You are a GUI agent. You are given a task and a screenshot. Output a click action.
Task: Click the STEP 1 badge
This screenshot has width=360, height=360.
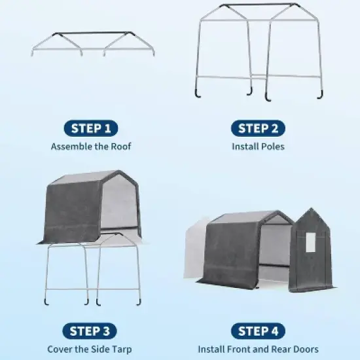(x=91, y=128)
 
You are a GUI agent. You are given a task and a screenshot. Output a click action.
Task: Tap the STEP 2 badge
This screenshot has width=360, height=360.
(x=258, y=128)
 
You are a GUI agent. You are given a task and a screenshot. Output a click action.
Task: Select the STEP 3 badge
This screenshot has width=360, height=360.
(x=91, y=331)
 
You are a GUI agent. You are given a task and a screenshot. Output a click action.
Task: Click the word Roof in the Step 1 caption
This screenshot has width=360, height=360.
(x=120, y=146)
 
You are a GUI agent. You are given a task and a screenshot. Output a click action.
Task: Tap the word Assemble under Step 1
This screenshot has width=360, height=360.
(x=70, y=146)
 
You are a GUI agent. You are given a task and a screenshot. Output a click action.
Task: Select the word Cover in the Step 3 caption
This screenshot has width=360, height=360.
(x=60, y=350)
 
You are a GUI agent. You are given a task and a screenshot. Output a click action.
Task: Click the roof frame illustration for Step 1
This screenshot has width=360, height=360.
(x=93, y=43)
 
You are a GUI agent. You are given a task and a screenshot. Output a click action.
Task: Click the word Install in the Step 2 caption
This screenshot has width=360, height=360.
(x=245, y=146)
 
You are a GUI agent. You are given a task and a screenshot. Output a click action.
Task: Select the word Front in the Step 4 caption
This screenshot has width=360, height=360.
(x=242, y=350)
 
